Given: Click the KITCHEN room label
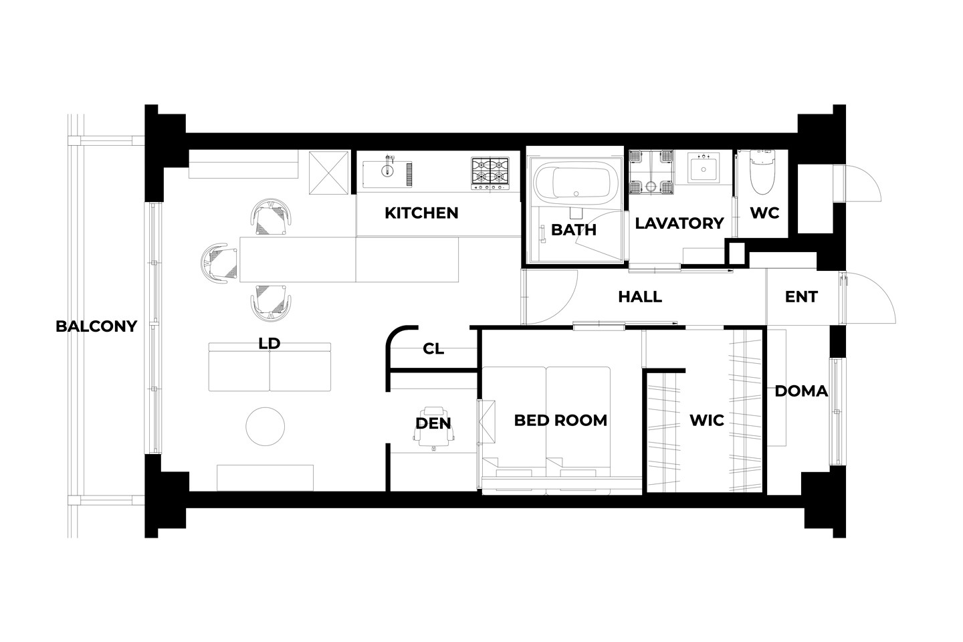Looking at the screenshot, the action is (421, 213).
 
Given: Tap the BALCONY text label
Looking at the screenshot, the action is (96, 326).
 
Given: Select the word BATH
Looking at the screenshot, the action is (574, 229).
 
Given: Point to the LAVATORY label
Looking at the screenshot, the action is (679, 223).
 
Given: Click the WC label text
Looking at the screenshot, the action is (765, 213).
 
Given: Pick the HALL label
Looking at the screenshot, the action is (640, 297).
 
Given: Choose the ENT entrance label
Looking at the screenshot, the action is (801, 297).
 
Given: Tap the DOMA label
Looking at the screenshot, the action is (801, 391).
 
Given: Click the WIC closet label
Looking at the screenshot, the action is (707, 420).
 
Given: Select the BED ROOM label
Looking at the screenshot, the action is (560, 420).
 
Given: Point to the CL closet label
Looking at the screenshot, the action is (433, 348).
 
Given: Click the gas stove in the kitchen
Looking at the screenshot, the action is (490, 173).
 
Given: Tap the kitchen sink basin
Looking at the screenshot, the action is (387, 174).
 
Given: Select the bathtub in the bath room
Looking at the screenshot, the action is (576, 183).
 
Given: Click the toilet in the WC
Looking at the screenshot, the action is (762, 172).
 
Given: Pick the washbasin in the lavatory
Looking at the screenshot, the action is (704, 169).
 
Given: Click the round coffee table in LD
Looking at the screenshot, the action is (265, 426).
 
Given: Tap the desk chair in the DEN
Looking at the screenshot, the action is (433, 429).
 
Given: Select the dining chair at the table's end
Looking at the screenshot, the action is (219, 263).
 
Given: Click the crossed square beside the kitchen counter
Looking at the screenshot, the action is (329, 173).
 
